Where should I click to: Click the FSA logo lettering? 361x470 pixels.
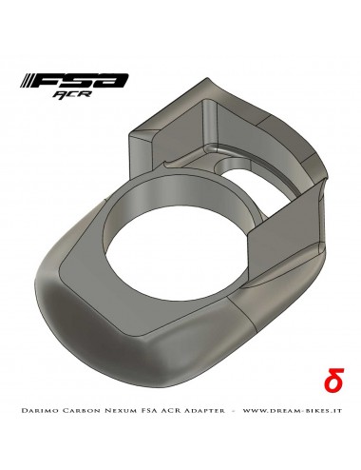pos(82,84)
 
